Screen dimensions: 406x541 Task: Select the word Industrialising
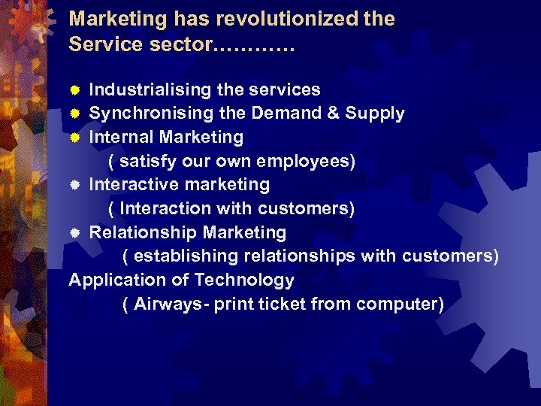click(150, 90)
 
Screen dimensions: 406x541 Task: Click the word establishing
click(189, 256)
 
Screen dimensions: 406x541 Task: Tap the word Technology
click(244, 280)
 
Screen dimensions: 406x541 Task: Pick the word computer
click(396, 304)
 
